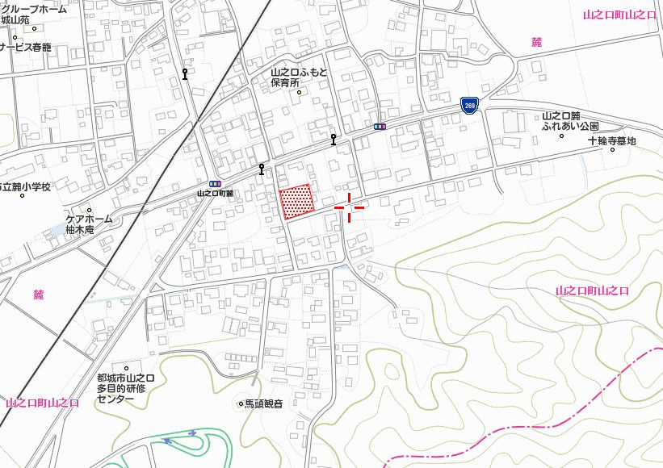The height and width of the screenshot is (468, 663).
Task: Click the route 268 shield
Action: point(468,105)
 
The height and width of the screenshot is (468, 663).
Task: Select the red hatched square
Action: point(296,201)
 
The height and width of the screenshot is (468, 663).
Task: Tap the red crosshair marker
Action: point(349,207)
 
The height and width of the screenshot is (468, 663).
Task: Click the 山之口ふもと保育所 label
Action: point(299,77)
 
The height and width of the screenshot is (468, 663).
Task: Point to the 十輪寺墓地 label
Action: point(611,141)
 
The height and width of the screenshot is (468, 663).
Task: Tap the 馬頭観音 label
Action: point(264,403)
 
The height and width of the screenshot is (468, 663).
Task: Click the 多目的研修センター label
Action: point(126,388)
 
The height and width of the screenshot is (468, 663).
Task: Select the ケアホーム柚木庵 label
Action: point(89,224)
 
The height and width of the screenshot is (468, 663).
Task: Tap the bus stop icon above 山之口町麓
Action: point(215,184)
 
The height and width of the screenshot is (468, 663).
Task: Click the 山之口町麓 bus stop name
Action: point(215,194)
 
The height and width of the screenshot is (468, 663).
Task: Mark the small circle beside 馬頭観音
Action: point(240,403)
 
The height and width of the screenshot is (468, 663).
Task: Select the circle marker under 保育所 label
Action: point(299,92)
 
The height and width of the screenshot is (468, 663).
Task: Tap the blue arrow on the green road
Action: point(167,441)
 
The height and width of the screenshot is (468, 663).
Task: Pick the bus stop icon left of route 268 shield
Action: point(379,126)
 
